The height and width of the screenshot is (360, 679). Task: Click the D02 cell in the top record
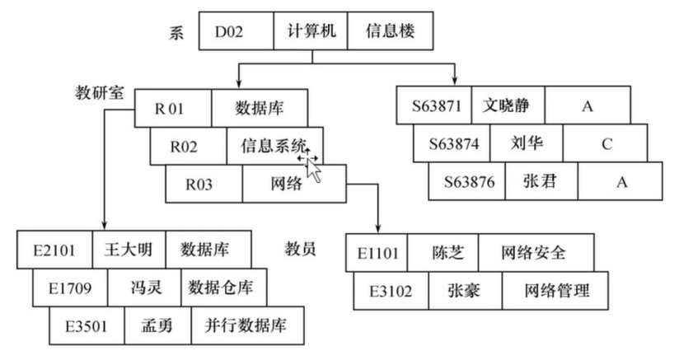(236, 30)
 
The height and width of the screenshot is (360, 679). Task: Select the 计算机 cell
(311, 30)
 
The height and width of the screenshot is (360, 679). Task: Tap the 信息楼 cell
(390, 30)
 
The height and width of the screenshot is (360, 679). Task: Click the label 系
(176, 32)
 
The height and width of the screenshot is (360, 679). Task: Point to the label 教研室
(100, 92)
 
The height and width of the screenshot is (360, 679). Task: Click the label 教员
(300, 248)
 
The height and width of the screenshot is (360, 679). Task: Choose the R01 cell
(173, 108)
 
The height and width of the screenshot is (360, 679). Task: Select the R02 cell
(189, 147)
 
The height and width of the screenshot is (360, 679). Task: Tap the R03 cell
(204, 184)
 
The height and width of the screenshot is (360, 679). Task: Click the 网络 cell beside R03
(294, 184)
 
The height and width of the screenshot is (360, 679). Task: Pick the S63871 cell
(434, 105)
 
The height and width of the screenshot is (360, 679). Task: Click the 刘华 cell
(527, 143)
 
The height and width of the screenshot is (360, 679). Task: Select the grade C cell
(606, 143)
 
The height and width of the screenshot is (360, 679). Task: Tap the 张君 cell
(541, 181)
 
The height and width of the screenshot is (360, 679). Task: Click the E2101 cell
(54, 250)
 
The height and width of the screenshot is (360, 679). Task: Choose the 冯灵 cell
(144, 288)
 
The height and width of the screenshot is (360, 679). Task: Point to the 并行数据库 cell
(247, 326)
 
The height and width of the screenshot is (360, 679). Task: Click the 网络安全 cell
(536, 253)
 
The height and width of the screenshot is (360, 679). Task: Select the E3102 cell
(391, 291)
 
